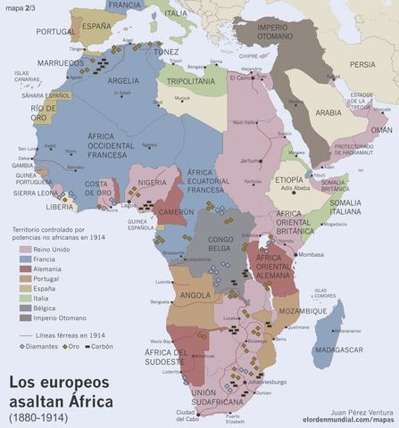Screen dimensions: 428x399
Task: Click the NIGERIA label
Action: pyautogui.click(x=153, y=183)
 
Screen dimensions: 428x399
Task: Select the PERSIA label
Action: pyautogui.click(x=362, y=64)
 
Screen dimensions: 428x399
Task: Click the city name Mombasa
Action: pyautogui.click(x=312, y=255)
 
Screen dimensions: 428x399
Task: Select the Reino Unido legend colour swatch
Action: pyautogui.click(x=25, y=250)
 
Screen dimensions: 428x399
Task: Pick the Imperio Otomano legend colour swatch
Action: pyautogui.click(x=25, y=317)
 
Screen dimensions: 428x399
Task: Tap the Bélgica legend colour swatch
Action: pyautogui.click(x=25, y=304)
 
